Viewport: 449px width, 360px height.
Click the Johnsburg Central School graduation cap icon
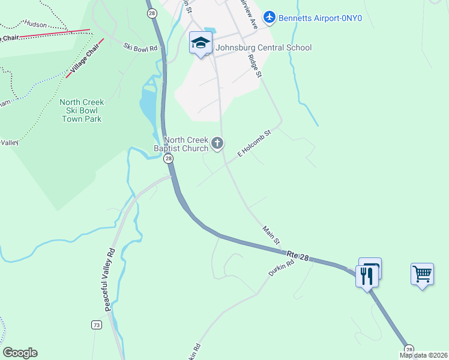click(201, 43)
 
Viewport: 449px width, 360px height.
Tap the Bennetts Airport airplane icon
click(269, 17)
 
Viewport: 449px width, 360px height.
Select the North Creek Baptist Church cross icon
click(217, 143)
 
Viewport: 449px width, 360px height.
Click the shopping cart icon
click(422, 274)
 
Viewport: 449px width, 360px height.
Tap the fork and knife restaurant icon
click(367, 276)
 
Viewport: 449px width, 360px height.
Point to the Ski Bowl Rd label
click(140, 47)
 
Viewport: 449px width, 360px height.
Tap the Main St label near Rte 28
click(271, 236)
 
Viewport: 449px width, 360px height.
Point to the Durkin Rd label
click(282, 268)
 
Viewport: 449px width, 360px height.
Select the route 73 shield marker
click(96, 325)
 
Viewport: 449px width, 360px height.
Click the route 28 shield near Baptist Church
click(168, 158)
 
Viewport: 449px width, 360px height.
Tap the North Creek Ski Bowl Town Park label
click(82, 110)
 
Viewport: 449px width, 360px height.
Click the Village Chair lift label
click(85, 62)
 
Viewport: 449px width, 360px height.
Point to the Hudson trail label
click(35, 24)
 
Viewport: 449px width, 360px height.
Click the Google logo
click(20, 353)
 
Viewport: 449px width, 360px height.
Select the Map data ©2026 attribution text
click(424, 355)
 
